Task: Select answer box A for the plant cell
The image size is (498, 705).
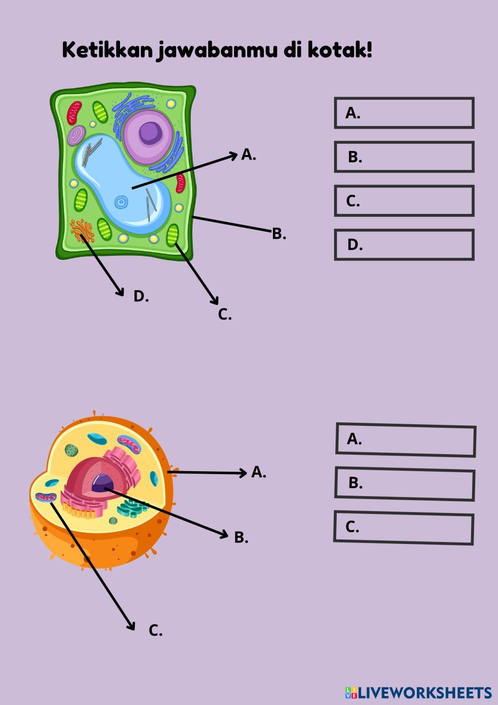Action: point(404,113)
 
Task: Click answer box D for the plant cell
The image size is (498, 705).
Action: point(404,245)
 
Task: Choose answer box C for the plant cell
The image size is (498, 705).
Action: point(404,201)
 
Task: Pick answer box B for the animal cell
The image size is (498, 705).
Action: point(404,484)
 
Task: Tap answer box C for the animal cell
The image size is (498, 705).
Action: point(403,528)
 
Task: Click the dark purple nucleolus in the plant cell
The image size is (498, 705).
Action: point(150,133)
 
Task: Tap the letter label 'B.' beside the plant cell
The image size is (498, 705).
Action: point(279,233)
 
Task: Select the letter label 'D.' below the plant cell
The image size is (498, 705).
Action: point(141,296)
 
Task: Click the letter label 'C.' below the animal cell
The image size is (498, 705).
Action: point(155,631)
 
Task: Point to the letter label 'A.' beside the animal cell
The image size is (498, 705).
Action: point(258,472)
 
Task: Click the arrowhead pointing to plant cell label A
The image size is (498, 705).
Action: point(234,156)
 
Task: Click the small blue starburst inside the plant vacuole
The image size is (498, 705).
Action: point(121,202)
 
